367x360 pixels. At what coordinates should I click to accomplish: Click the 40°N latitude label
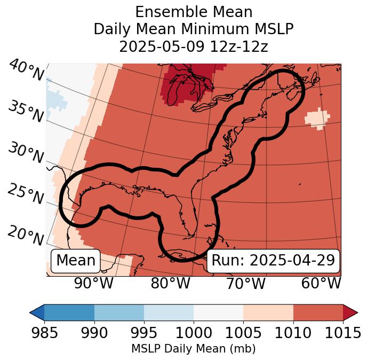26,71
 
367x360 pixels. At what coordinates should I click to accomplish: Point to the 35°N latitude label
25,111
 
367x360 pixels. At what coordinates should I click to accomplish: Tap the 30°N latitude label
25,153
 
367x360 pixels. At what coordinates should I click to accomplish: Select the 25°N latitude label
25,194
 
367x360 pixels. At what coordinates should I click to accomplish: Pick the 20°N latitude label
25,234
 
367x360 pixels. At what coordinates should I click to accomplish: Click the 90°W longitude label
94,284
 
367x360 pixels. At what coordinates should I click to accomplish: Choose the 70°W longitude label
246,284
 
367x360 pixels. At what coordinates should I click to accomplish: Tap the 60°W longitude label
321,284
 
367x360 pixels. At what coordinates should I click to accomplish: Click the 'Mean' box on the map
76,261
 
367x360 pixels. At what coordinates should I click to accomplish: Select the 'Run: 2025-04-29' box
273,261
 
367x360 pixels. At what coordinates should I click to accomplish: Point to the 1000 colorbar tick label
194,333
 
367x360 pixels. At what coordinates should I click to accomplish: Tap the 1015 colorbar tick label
343,333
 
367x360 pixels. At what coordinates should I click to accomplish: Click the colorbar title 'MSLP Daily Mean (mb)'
193,349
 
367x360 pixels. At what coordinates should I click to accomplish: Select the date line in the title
193,47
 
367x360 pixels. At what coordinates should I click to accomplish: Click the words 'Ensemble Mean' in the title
193,12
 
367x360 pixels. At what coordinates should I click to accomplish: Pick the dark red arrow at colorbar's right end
350,312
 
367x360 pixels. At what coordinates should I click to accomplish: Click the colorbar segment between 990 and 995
119,312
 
